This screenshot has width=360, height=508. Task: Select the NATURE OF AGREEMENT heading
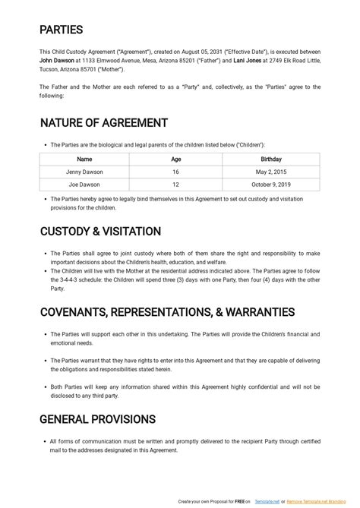pos(103,123)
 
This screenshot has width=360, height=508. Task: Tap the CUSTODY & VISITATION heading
pos(99,232)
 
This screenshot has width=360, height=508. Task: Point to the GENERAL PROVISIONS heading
pos(97,419)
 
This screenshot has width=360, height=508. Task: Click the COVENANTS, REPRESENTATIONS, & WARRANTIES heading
pos(166,311)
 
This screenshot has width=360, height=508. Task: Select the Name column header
pos(84,159)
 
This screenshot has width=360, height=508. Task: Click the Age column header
pos(175,159)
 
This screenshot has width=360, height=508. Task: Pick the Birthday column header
pos(270,159)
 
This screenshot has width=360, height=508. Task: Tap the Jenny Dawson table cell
pos(84,172)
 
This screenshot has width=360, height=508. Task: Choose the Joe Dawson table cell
pos(84,185)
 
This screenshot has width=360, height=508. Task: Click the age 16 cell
pos(175,172)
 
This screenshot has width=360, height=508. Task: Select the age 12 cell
pos(175,185)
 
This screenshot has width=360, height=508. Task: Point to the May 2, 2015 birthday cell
pos(270,172)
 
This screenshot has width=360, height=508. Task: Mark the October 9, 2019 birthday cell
pos(270,185)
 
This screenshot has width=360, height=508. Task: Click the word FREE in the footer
pos(239,502)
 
